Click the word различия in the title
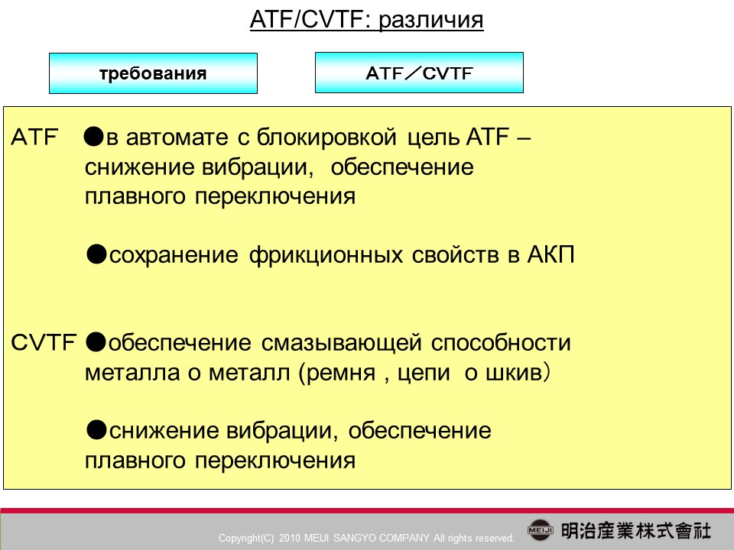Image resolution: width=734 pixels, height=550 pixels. coord(430,21)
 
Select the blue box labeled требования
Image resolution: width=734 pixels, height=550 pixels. coord(153,73)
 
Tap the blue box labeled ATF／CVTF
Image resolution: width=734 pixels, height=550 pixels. coord(419,73)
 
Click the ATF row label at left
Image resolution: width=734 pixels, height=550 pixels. coord(34,137)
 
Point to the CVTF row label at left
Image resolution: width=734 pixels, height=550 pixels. coord(43,342)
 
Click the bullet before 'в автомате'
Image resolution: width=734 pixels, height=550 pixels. coord(93,137)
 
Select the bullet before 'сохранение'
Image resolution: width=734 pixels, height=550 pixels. coord(96,255)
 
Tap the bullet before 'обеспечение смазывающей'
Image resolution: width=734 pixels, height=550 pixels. coord(96,342)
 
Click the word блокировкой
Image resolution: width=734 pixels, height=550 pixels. coord(326,137)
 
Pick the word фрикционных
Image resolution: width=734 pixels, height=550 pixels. coord(326,255)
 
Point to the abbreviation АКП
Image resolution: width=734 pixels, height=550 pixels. coord(550,255)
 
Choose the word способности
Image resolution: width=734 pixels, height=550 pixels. coord(501,343)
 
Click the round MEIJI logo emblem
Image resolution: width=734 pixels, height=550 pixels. coord(541,530)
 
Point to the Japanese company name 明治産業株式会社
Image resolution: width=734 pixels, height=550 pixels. coord(635,531)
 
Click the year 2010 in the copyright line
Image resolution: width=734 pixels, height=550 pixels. coord(289,538)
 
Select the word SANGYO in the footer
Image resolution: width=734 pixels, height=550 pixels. coord(362,538)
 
